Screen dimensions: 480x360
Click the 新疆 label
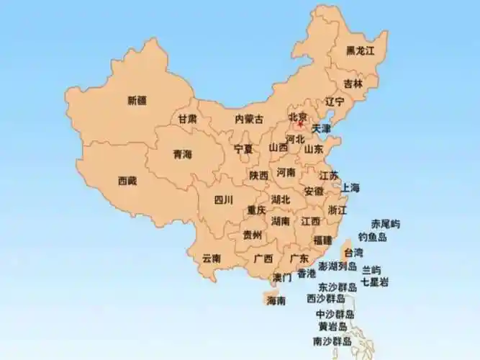click(x=137, y=100)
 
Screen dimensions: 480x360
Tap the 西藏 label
click(x=127, y=181)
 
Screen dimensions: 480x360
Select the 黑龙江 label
click(x=361, y=50)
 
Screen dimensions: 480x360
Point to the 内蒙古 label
click(x=249, y=119)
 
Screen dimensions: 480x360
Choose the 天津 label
click(x=322, y=128)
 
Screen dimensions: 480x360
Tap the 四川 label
click(x=224, y=200)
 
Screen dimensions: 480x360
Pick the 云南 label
click(x=212, y=257)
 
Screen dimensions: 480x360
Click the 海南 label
click(x=276, y=300)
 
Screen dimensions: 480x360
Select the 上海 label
click(x=350, y=188)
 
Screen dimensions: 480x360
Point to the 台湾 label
click(x=353, y=253)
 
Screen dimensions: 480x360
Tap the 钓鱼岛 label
click(x=373, y=237)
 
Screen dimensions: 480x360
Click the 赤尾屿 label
click(x=385, y=224)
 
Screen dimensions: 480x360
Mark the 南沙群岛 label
click(x=332, y=341)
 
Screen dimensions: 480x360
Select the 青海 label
click(x=183, y=154)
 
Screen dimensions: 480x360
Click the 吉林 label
click(x=353, y=84)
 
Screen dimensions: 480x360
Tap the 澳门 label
click(x=282, y=277)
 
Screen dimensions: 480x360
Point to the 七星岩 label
click(x=375, y=282)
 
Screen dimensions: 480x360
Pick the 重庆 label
click(x=257, y=210)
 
